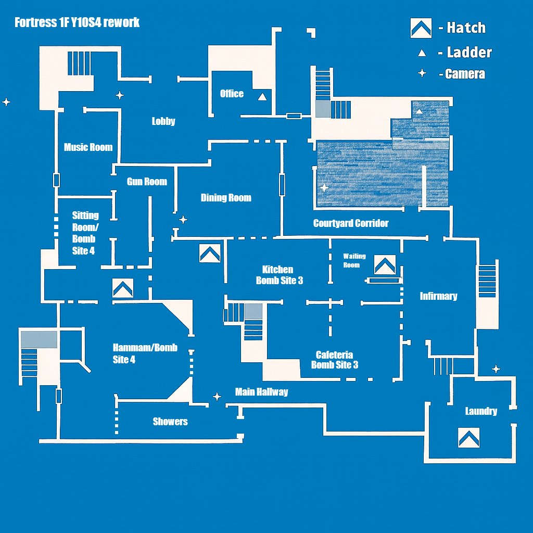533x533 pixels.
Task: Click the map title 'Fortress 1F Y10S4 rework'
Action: pyautogui.click(x=77, y=23)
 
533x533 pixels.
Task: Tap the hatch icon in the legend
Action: pyautogui.click(x=421, y=28)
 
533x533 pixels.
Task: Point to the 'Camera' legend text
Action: pyautogui.click(x=465, y=74)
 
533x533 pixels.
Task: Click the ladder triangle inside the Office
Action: pyautogui.click(x=262, y=97)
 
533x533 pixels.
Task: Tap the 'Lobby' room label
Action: pyautogui.click(x=163, y=121)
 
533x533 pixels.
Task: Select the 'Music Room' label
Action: pyautogui.click(x=88, y=147)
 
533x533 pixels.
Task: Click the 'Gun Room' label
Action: pyautogui.click(x=147, y=182)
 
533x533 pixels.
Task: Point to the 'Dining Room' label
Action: pyautogui.click(x=226, y=198)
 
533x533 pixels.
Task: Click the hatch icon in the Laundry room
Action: pyautogui.click(x=468, y=438)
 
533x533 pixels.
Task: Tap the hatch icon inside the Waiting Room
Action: pyautogui.click(x=385, y=264)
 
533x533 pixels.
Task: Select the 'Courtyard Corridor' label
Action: pyautogui.click(x=351, y=223)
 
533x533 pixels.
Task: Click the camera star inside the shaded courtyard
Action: pyautogui.click(x=324, y=187)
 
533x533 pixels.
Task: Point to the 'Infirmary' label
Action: pyautogui.click(x=438, y=296)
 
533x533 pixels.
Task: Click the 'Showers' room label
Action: pyautogui.click(x=170, y=422)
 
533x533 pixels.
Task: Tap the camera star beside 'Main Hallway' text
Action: pyautogui.click(x=217, y=397)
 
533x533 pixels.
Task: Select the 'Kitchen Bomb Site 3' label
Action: pyautogui.click(x=279, y=275)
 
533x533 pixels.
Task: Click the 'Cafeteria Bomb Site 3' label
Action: pyautogui.click(x=335, y=360)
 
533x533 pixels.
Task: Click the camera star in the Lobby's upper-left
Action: pyautogui.click(x=120, y=95)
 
